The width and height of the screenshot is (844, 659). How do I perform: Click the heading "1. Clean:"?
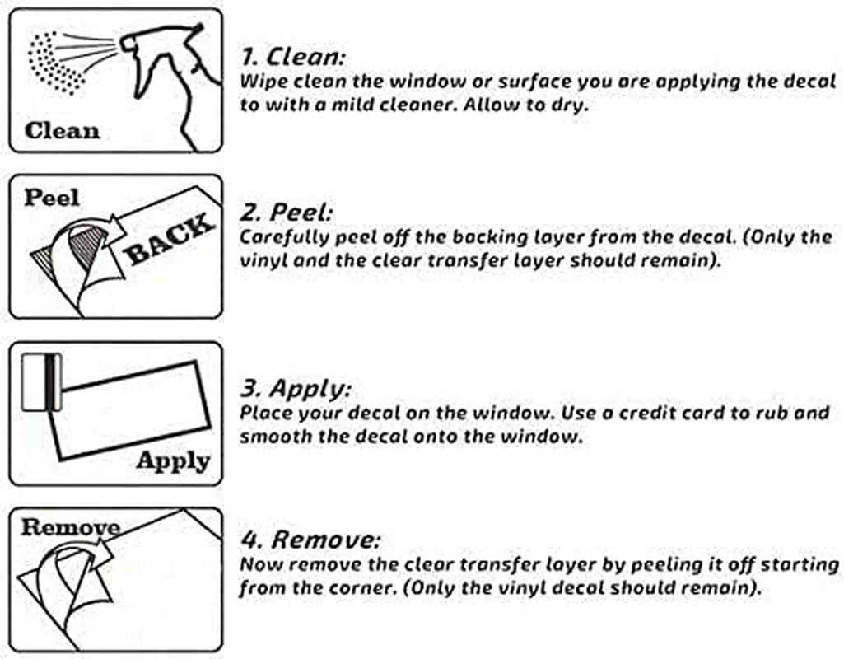(x=292, y=57)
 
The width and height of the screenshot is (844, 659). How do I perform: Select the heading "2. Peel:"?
(x=287, y=213)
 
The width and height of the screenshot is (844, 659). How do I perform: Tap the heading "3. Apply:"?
(x=296, y=388)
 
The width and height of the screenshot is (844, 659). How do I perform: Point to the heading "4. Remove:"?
(x=310, y=540)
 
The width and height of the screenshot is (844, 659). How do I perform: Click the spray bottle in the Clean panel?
(x=172, y=81)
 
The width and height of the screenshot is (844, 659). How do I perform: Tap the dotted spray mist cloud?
(x=54, y=62)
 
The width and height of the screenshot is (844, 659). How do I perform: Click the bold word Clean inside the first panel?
(x=62, y=131)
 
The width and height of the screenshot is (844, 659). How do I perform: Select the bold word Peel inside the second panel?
(x=52, y=198)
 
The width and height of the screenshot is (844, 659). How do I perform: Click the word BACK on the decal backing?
(x=169, y=239)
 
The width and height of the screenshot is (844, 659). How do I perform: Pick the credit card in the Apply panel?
(x=41, y=382)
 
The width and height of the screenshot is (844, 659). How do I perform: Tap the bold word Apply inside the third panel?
(x=173, y=461)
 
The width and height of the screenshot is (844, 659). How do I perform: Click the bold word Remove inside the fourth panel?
(x=70, y=527)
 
